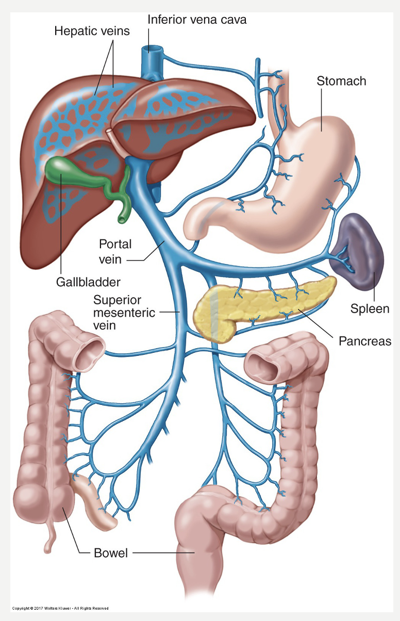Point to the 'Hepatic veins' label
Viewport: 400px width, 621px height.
(x=92, y=31)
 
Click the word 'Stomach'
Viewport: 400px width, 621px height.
(x=341, y=81)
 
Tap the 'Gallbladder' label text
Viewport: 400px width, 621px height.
(x=88, y=282)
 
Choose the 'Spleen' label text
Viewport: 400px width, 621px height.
(x=374, y=309)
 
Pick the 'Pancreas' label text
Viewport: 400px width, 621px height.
(x=365, y=341)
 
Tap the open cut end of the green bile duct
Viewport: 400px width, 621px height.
(x=122, y=219)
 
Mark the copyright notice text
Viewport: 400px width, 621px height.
(x=60, y=609)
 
